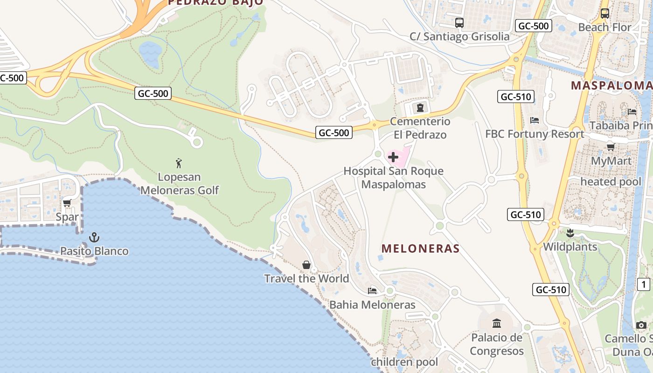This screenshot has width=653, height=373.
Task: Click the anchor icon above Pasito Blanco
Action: click(x=94, y=237)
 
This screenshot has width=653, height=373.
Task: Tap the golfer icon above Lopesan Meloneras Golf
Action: click(x=179, y=163)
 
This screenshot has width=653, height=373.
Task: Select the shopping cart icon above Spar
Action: click(x=67, y=203)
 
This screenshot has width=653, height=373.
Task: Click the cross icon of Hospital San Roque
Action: click(x=393, y=157)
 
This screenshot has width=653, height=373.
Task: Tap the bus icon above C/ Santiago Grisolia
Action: click(x=459, y=22)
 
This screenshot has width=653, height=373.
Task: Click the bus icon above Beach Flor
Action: click(x=605, y=14)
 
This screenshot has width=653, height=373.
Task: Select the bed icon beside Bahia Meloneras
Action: click(x=372, y=291)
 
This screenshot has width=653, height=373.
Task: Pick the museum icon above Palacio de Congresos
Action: click(x=497, y=323)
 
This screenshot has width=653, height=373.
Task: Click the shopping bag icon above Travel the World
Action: click(x=306, y=265)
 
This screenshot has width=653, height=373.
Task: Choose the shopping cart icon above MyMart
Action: click(x=611, y=147)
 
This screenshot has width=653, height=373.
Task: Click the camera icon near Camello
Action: click(x=641, y=325)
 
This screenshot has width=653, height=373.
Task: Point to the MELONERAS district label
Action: click(x=421, y=249)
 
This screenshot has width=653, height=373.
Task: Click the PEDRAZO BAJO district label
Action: click(x=215, y=2)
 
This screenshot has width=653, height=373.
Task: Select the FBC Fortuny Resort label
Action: click(x=535, y=134)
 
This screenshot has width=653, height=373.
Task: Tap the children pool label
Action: click(x=404, y=362)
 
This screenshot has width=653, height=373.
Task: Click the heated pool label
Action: click(x=611, y=182)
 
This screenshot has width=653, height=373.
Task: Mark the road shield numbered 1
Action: click(x=644, y=284)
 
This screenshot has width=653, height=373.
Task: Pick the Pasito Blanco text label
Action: click(x=94, y=251)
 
